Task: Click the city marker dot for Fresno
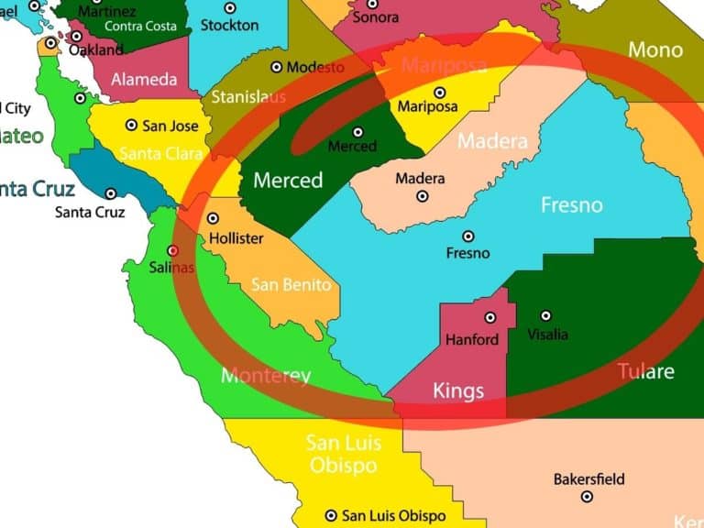(x=467, y=236)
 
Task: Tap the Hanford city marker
(x=490, y=318)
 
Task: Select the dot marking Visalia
(x=546, y=315)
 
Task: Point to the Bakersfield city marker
(x=588, y=497)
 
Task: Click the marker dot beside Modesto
(x=276, y=68)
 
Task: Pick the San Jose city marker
(x=132, y=125)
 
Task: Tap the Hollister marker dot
(x=214, y=219)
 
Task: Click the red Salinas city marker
(x=173, y=250)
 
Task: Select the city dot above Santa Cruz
(x=111, y=193)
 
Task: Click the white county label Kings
(x=457, y=391)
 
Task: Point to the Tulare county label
(x=645, y=371)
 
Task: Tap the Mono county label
(x=655, y=49)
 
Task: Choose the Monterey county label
(x=266, y=376)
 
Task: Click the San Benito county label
(x=291, y=285)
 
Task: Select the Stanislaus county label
(x=247, y=96)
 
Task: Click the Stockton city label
(x=229, y=25)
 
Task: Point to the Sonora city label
(x=376, y=17)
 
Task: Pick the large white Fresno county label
(x=572, y=204)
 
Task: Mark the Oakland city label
(x=96, y=49)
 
